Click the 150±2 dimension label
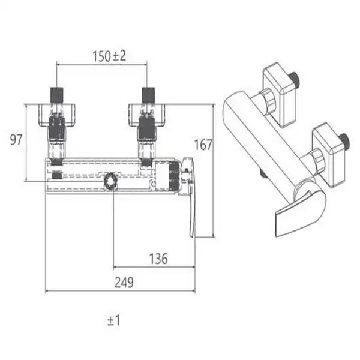[109, 56]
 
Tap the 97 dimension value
[16, 140]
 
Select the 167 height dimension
[203, 145]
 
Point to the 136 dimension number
[158, 259]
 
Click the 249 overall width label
[124, 283]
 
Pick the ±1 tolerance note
[113, 320]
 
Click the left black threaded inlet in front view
[56, 95]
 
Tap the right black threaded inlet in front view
[148, 95]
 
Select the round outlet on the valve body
[110, 180]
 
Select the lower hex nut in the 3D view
[318, 160]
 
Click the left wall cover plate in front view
[56, 115]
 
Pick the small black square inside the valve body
[57, 175]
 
